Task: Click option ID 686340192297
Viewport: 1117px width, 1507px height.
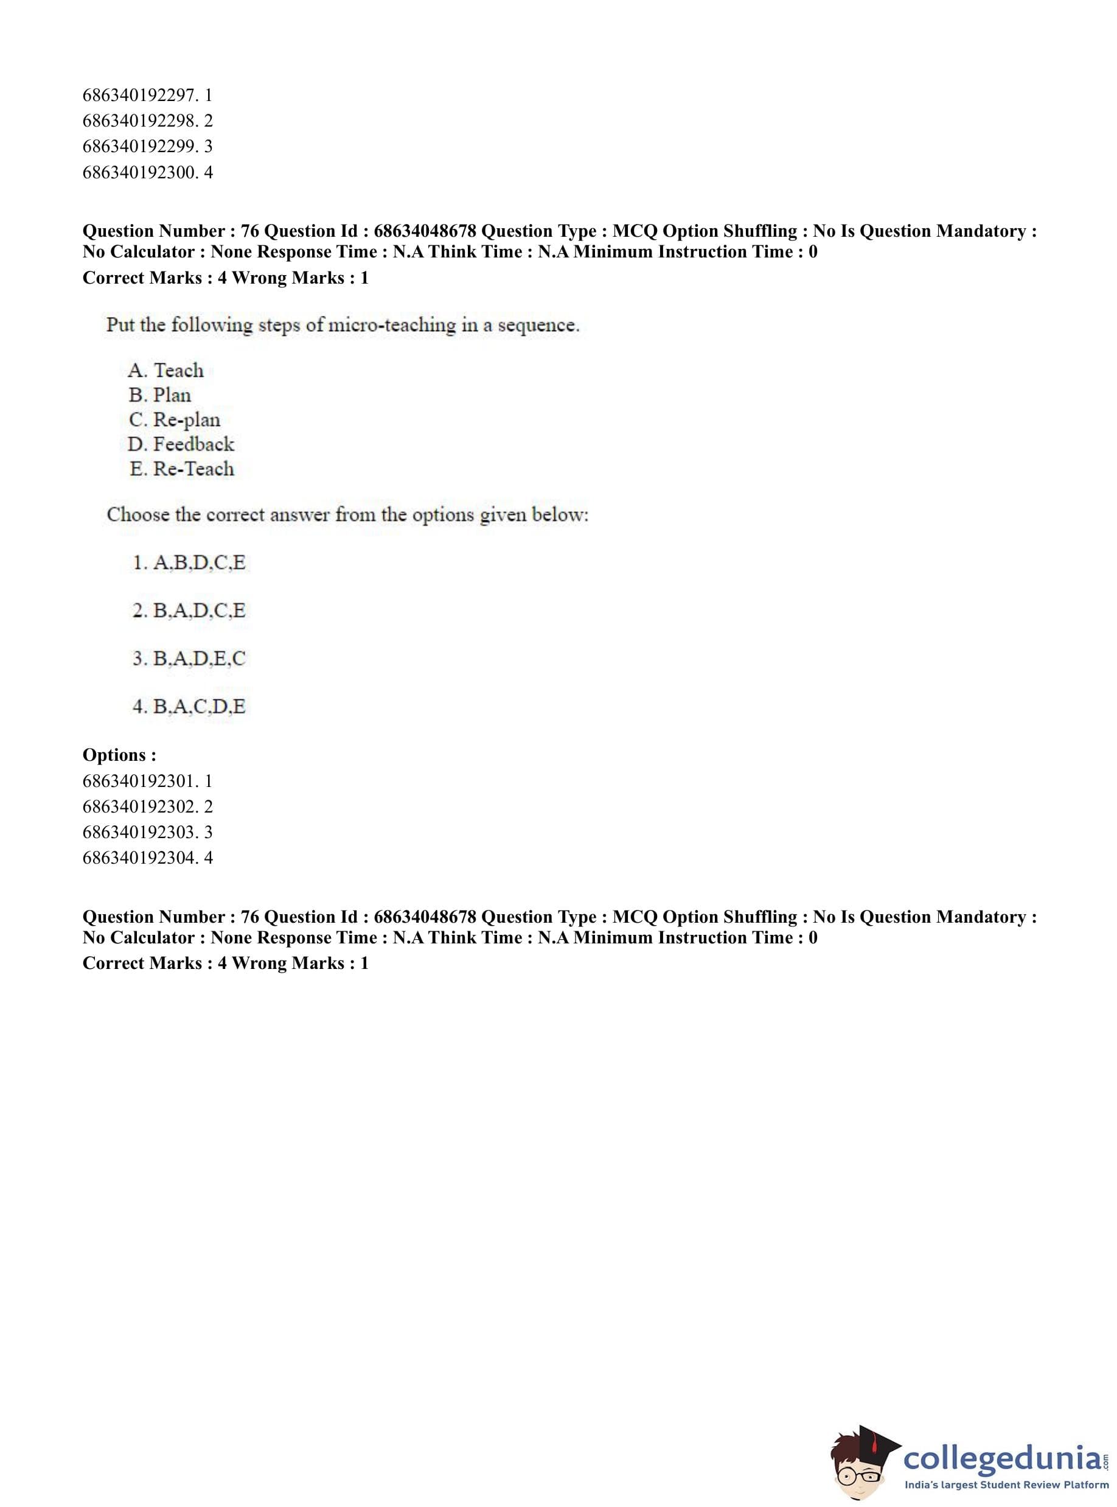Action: tap(147, 96)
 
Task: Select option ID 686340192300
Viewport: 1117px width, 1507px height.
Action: tap(147, 172)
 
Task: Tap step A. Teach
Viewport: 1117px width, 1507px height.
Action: tap(165, 371)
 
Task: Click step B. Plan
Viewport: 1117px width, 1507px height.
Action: tap(160, 395)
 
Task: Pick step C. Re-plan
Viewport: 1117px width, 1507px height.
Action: tap(175, 420)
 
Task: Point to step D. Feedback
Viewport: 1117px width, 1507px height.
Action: tap(181, 444)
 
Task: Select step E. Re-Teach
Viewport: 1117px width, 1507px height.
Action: tap(182, 469)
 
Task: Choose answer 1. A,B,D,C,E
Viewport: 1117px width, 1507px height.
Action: tap(189, 563)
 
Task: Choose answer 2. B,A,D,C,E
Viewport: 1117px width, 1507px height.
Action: tap(189, 611)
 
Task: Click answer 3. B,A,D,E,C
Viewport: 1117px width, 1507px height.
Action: tap(189, 659)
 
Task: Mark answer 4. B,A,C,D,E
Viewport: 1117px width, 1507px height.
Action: tap(189, 707)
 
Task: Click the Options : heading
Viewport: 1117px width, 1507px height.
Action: tap(119, 755)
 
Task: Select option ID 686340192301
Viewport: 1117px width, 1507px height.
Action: tap(147, 781)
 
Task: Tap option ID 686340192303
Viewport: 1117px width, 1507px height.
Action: tap(147, 832)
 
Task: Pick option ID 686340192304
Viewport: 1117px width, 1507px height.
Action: tap(147, 858)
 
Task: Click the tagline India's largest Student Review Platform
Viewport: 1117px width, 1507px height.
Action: tap(1006, 1485)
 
